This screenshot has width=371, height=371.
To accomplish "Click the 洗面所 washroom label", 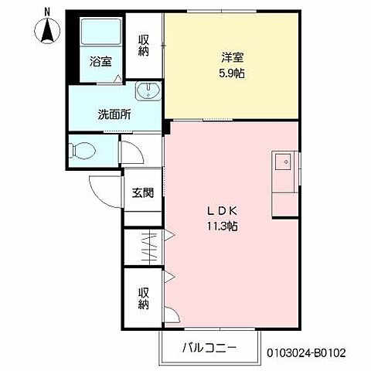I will [114, 114].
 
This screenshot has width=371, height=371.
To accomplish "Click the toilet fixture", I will [81, 151].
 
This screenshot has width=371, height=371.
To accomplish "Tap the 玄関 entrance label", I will [142, 192].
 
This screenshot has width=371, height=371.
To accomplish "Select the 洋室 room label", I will [233, 56].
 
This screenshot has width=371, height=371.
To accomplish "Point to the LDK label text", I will [222, 210].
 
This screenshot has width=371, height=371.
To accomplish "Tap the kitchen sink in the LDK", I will [282, 163].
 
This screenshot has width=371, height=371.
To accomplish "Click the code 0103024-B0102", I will [306, 352].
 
